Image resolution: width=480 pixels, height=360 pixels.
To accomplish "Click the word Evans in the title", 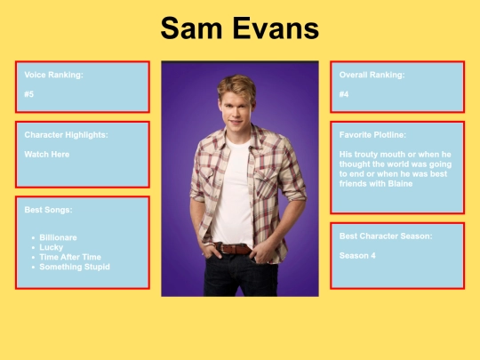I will tap(274, 28).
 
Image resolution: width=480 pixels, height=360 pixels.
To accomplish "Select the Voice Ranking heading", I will tap(54, 75).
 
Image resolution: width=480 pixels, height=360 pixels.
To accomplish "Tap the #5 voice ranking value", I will tap(30, 94).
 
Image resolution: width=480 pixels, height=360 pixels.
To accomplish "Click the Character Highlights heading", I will tap(67, 135).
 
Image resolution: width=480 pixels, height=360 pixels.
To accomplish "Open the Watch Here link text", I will tap(47, 154).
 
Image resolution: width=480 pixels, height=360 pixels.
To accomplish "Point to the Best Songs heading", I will tap(49, 210).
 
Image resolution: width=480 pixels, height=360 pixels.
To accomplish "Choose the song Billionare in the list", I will tap(58, 237).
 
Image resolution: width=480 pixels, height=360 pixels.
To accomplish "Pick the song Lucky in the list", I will tap(51, 247).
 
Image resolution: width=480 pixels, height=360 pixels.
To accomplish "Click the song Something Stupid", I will tap(75, 267).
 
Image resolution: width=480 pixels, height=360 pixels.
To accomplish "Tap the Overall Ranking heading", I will tap(372, 75).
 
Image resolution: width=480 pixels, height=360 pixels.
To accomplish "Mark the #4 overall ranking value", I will tap(344, 94).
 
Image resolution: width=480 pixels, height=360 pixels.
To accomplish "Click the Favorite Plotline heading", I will tap(372, 135).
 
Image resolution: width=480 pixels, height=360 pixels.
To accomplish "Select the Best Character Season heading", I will tap(386, 236).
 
